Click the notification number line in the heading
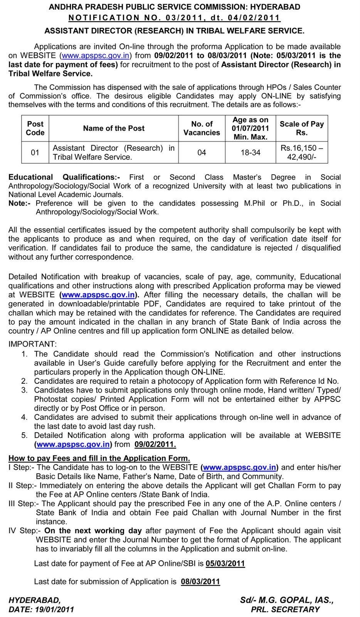[174, 18]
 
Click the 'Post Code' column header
[35, 128]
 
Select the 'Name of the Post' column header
[114, 128]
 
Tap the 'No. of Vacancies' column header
[202, 128]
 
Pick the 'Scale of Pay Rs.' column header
[301, 128]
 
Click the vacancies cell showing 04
[202, 152]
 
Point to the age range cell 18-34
[251, 152]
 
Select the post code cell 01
[35, 152]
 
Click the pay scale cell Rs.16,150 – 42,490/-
[301, 152]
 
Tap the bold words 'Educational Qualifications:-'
[64, 177]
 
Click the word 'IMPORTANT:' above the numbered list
[32, 344]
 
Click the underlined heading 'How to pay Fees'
[99, 458]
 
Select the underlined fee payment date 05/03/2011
[225, 563]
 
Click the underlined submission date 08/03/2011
[200, 582]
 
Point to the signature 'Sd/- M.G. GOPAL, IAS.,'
[286, 600]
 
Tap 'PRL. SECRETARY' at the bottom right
[285, 609]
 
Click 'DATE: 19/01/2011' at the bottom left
[41, 609]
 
